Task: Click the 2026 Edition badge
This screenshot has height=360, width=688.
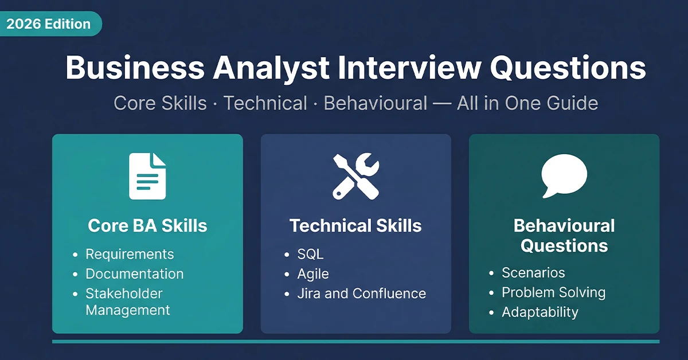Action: pyautogui.click(x=49, y=24)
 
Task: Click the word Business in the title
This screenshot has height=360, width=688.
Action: pyautogui.click(x=135, y=69)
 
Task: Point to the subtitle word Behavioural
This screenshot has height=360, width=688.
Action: pyautogui.click(x=376, y=103)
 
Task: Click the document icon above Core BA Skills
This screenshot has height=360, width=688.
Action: pyautogui.click(x=147, y=176)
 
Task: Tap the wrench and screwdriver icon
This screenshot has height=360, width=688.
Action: pyautogui.click(x=355, y=176)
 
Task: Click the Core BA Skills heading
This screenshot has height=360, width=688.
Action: pyautogui.click(x=147, y=225)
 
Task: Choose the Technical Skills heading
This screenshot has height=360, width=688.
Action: pyautogui.click(x=355, y=225)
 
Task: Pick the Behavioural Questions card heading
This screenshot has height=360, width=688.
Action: pyautogui.click(x=564, y=235)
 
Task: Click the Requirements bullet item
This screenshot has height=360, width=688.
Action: pyautogui.click(x=130, y=254)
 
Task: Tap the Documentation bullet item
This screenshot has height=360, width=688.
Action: pyautogui.click(x=135, y=274)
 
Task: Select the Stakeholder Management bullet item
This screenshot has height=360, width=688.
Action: pyautogui.click(x=127, y=302)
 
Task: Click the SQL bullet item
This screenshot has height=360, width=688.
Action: pyautogui.click(x=310, y=254)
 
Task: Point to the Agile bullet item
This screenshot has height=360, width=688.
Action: pyautogui.click(x=313, y=274)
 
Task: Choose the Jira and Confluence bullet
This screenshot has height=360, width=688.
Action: pyautogui.click(x=361, y=294)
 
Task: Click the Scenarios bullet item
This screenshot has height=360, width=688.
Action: pyautogui.click(x=533, y=273)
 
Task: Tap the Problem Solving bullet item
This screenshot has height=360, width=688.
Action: pyautogui.click(x=553, y=292)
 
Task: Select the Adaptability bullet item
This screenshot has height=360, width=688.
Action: pyautogui.click(x=540, y=312)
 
